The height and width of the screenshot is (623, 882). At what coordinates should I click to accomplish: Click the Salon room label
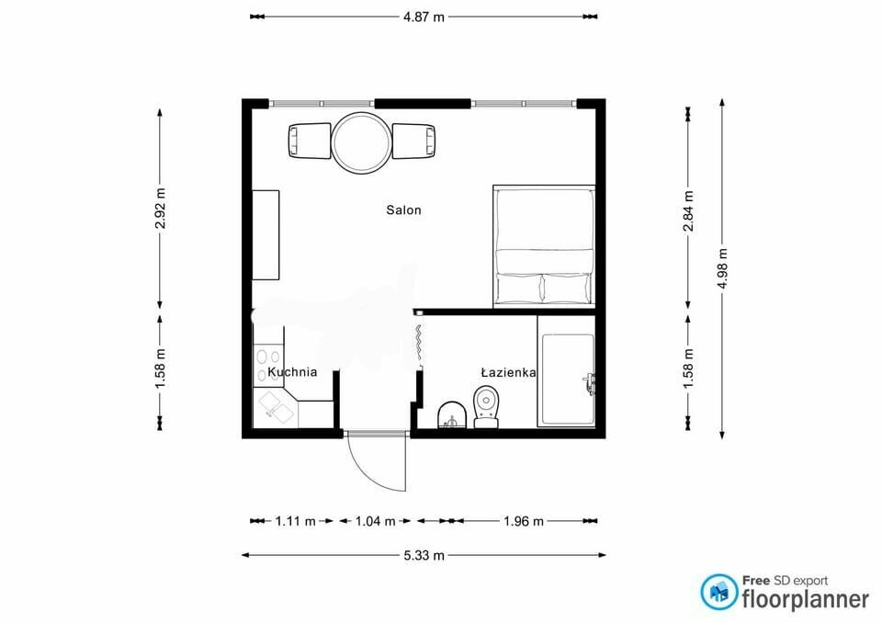coord(403,210)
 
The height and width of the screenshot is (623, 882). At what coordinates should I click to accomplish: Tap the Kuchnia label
coord(292,372)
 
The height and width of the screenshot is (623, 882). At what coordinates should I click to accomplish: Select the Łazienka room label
coord(508,372)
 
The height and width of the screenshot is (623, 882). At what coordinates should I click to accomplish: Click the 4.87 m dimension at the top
coord(424,17)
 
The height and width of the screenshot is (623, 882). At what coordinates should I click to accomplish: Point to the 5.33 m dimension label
coord(424,556)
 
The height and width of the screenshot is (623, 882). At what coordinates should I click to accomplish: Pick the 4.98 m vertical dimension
coord(723,268)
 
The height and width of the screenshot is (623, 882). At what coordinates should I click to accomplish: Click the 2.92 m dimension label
coord(160,209)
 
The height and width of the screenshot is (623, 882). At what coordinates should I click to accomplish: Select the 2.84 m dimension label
coord(688,211)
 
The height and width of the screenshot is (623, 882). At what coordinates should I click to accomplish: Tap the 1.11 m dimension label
coord(295,521)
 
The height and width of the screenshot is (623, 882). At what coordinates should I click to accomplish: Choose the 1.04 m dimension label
coord(375,521)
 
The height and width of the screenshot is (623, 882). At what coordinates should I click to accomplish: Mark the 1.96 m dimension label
coord(524,521)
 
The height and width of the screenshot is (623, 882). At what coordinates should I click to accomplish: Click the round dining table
coord(361,142)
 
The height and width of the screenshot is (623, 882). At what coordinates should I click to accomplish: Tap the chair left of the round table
coord(310,141)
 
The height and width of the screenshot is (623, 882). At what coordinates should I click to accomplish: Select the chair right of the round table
coord(413,141)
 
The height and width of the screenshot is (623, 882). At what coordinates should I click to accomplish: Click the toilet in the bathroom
coord(487,406)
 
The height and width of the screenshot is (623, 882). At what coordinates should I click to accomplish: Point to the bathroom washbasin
coord(452,415)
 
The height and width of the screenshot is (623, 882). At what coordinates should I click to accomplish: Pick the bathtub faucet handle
coord(588,382)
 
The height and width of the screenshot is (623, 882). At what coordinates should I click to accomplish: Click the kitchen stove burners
coord(268,365)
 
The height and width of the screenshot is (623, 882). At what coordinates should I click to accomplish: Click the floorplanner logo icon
coord(718,592)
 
